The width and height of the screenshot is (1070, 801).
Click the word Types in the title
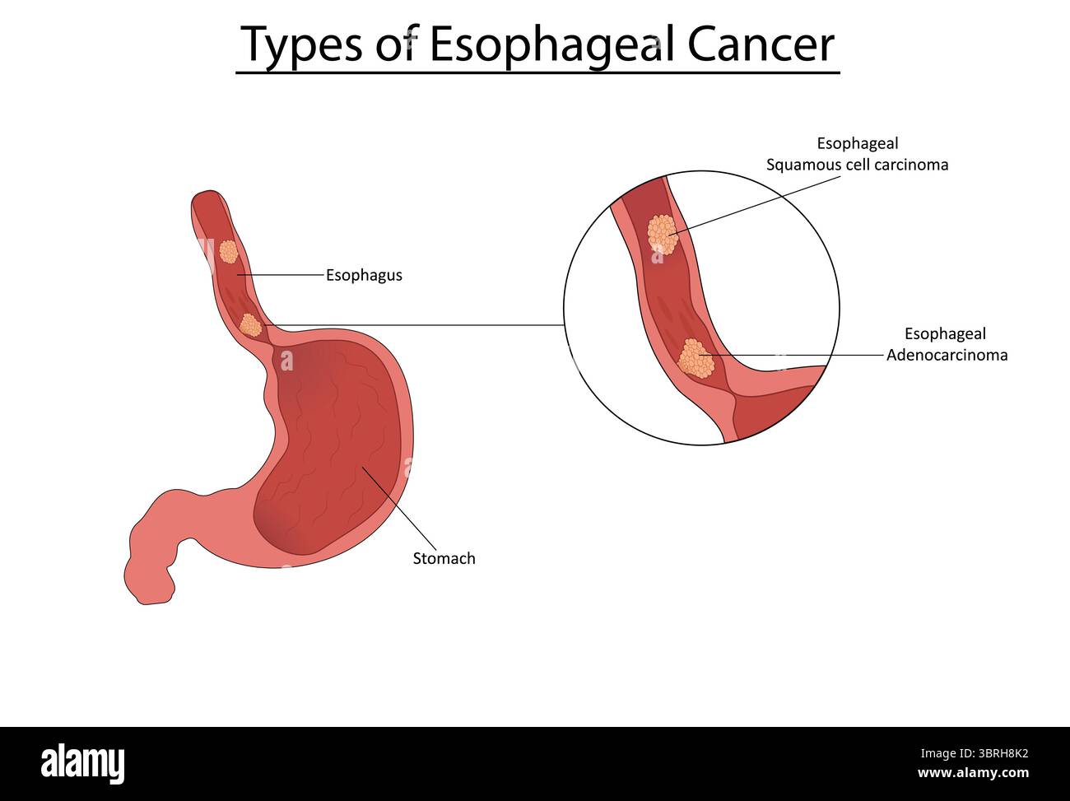point(302,46)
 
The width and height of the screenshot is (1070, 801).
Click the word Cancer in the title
point(761,44)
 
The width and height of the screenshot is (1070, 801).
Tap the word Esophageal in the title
point(552,46)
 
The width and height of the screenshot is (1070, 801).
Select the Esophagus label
point(364,276)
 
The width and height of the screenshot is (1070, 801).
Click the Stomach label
point(444,558)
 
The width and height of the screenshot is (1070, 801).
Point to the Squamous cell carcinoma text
point(858,165)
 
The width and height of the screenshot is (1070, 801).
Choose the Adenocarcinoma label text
point(947,355)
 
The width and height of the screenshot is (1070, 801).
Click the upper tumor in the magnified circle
point(663,235)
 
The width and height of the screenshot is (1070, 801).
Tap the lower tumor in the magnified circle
point(695,359)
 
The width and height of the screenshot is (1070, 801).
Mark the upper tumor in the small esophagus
point(228,252)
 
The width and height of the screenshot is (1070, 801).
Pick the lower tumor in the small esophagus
point(250,325)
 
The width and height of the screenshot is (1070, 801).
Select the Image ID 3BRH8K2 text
point(974,754)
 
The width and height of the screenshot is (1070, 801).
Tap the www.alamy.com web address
point(973,773)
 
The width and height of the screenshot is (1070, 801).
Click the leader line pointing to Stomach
point(399,509)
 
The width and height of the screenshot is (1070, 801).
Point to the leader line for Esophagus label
point(281,275)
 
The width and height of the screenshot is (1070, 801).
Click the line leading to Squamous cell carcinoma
point(755,206)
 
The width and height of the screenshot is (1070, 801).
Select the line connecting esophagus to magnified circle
point(414,325)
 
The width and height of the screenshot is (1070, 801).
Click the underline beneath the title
point(537,73)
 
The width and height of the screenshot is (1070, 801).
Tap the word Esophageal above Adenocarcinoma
point(945,334)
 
